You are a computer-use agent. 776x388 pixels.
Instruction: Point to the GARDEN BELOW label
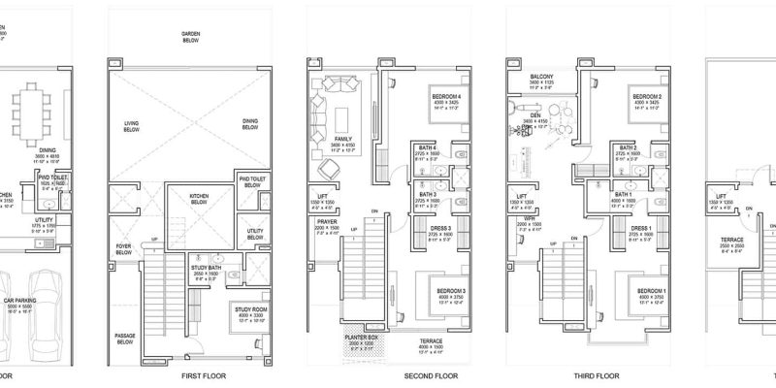pyautogui.click(x=190, y=36)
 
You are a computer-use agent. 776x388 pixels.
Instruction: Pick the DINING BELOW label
pyautogui.click(x=250, y=126)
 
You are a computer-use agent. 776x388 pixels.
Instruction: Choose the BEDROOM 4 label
pyautogui.click(x=446, y=97)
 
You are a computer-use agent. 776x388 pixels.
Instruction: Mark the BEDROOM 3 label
pyautogui.click(x=445, y=291)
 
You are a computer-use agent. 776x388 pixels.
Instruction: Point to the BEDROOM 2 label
pyautogui.click(x=646, y=97)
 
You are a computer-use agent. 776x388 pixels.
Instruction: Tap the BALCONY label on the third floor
pyautogui.click(x=542, y=77)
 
